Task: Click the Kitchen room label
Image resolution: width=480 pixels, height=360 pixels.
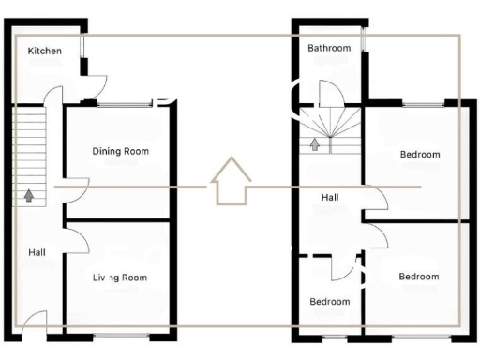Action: (45, 51)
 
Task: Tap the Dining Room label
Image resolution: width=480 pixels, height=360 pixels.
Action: (120, 151)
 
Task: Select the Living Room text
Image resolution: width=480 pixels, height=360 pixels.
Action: (120, 277)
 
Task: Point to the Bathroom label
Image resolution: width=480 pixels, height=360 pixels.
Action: (329, 49)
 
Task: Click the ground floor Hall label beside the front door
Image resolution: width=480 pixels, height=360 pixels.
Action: (37, 252)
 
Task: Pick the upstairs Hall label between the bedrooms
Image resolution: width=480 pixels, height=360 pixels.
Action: (330, 198)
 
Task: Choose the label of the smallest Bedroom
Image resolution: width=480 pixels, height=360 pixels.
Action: (330, 302)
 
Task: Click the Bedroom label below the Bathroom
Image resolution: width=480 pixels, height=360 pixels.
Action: (419, 155)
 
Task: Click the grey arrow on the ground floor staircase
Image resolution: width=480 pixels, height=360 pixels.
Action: (30, 195)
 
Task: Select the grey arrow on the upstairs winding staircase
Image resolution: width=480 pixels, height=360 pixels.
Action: (315, 144)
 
